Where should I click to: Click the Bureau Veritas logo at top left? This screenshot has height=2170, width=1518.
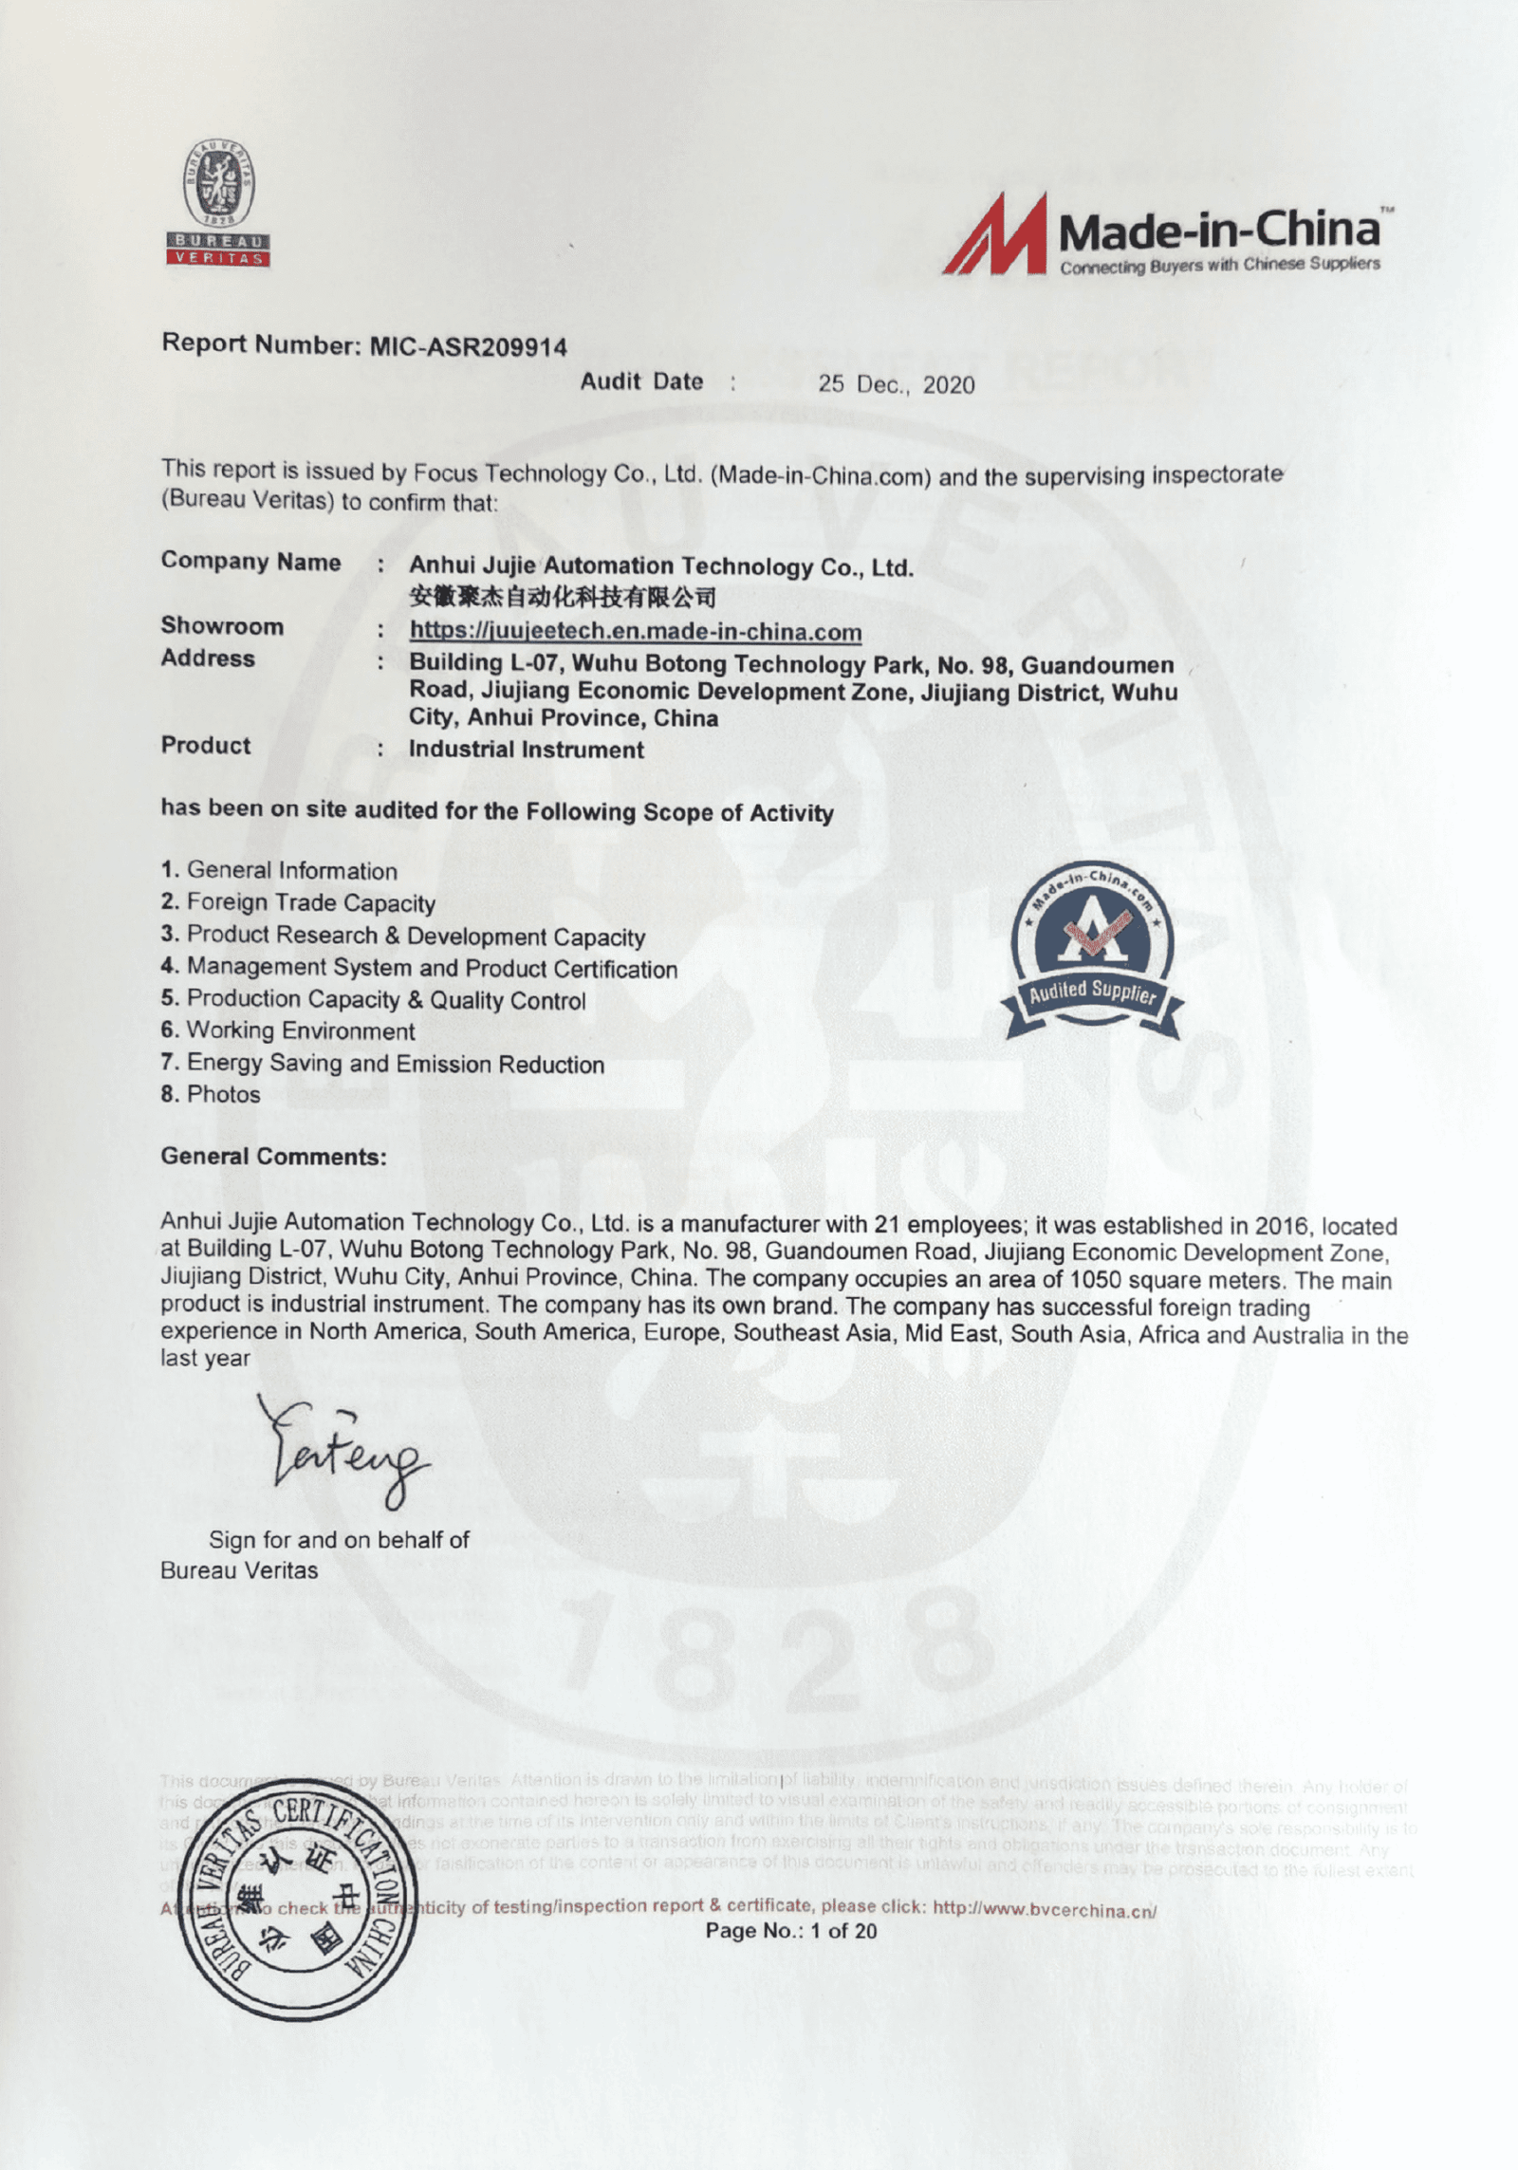coord(219,206)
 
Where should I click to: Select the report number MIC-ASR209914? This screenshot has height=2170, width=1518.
coord(468,347)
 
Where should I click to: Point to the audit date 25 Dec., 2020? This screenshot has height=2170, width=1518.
coord(897,383)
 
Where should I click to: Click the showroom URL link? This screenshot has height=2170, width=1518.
coord(636,631)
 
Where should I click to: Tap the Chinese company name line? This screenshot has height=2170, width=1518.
coord(562,598)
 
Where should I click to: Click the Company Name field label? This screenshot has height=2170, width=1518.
coord(250,562)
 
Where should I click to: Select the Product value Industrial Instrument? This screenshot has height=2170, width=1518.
coord(526,750)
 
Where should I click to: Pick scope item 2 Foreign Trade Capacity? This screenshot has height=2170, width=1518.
coord(298,903)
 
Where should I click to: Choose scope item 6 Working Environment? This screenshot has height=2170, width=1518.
coord(287,1030)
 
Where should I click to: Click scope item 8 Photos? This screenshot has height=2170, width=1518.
coord(211,1094)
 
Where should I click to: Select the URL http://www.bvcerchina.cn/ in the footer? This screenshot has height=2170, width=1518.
coord(1045,1910)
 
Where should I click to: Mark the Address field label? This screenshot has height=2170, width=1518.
coord(208,658)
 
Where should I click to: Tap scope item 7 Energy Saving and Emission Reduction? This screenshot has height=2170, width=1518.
coord(382,1064)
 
